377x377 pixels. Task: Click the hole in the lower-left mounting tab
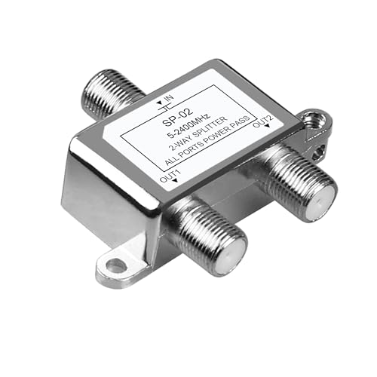click(x=115, y=265)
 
